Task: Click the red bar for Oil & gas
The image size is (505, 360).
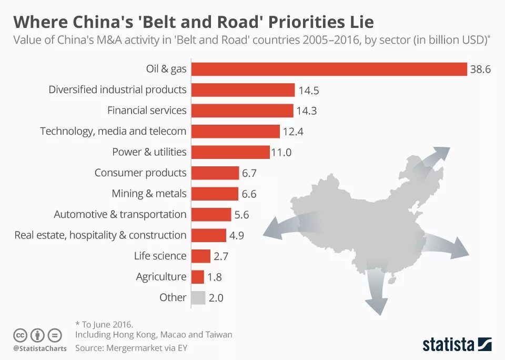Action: [329, 69]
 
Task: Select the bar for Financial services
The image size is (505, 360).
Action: [242, 111]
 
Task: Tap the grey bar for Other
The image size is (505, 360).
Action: [198, 298]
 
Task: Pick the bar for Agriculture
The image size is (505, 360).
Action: [197, 277]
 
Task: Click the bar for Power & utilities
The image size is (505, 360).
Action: [230, 152]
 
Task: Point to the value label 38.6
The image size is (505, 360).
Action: [480, 69]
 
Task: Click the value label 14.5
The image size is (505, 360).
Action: [309, 91]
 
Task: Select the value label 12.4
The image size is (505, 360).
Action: [294, 132]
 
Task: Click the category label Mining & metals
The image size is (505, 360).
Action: [149, 194]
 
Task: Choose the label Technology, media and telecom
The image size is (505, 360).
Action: [113, 131]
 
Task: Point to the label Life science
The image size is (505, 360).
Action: [160, 256]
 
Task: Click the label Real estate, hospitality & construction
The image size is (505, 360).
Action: [100, 235]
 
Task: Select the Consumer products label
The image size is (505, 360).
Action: [140, 173]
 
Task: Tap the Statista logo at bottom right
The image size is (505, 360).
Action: [457, 345]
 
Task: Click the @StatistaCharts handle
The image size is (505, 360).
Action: [40, 348]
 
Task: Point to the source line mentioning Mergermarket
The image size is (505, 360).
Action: [131, 348]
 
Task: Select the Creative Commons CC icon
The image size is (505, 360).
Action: [20, 335]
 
